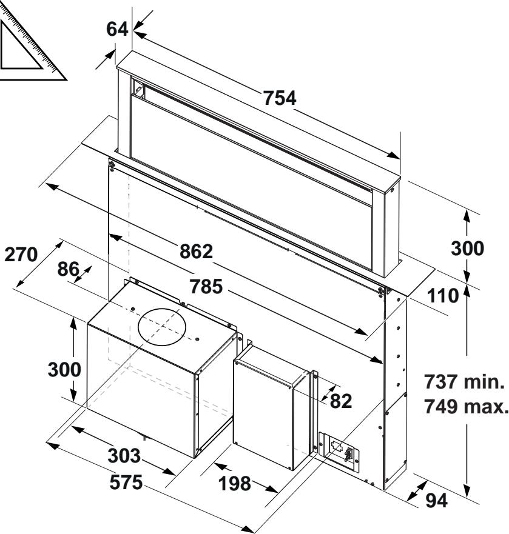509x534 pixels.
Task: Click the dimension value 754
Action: pos(280,98)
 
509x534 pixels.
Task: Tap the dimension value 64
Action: pos(117,29)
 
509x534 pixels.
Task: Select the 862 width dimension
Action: pos(197,252)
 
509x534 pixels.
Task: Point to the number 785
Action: pos(206,287)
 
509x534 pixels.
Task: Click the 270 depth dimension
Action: pos(21,255)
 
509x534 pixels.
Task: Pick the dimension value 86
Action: pos(68,269)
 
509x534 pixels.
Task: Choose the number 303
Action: pos(124,456)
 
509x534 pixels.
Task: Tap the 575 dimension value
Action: pos(126,482)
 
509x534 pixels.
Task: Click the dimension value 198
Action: pos(235,484)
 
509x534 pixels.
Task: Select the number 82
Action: pos(341,401)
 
